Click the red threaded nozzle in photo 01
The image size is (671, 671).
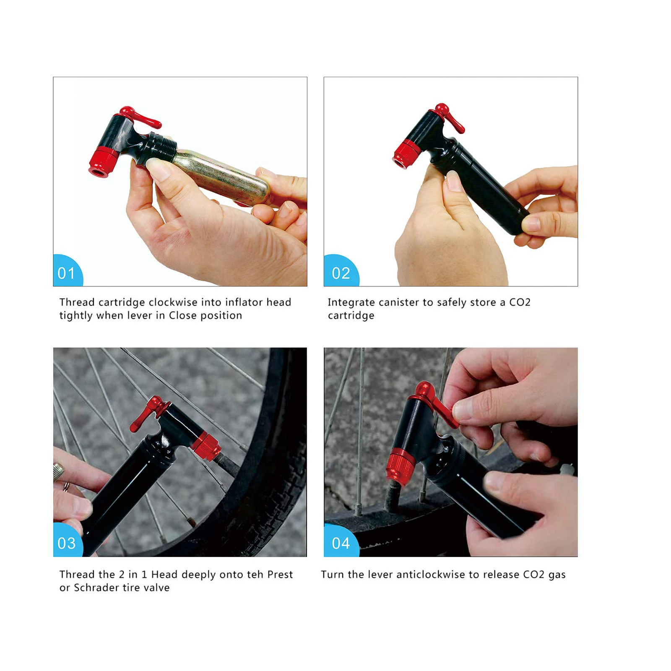[101, 164]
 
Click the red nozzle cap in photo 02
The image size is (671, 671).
[405, 155]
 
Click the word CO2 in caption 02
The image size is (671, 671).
[520, 302]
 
